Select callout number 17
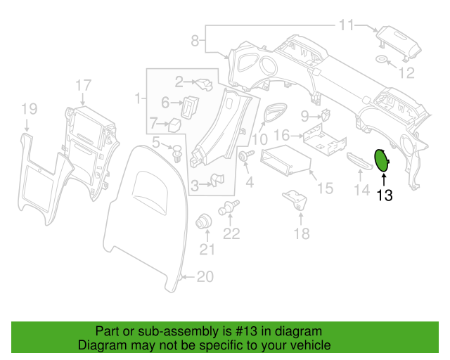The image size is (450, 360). click(83, 86)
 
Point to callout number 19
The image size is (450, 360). click(28, 108)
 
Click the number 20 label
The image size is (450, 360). click(204, 277)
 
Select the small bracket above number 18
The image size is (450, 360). click(295, 200)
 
